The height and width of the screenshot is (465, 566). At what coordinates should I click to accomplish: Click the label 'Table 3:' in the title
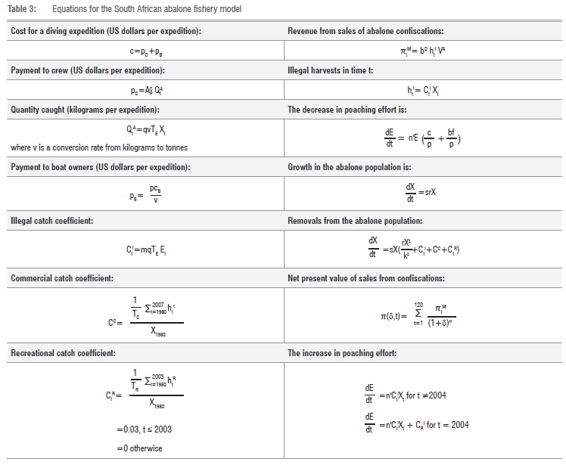(20, 9)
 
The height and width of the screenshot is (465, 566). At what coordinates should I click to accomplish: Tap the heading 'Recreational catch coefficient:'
(65, 352)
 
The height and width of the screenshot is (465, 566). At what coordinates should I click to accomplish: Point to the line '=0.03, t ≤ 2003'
(144, 429)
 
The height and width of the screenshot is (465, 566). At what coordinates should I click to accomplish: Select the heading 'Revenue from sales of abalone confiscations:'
(366, 31)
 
